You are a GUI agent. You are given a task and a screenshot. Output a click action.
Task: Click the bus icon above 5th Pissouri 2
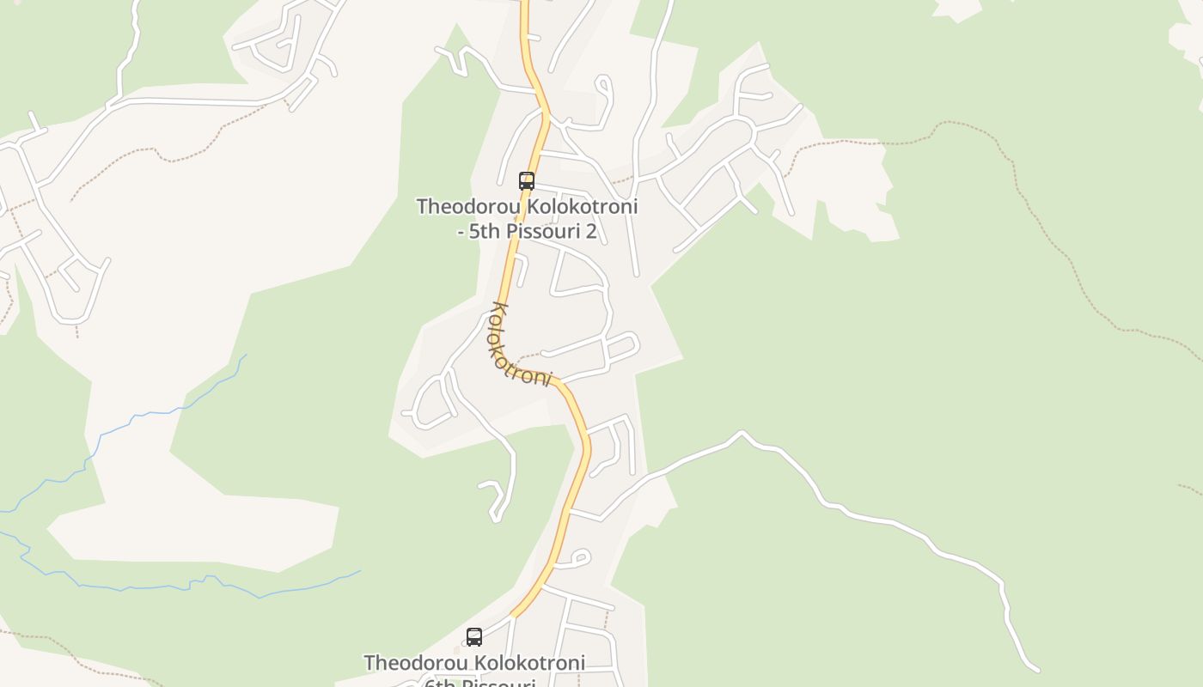click(x=527, y=181)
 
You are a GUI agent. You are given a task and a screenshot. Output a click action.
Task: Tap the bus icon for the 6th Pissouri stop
click(x=473, y=637)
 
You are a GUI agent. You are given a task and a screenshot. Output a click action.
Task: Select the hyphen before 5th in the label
click(x=461, y=232)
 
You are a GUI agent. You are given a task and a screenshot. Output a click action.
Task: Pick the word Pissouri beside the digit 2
click(x=546, y=231)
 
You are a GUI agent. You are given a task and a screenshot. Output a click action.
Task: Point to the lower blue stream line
click(x=172, y=587)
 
